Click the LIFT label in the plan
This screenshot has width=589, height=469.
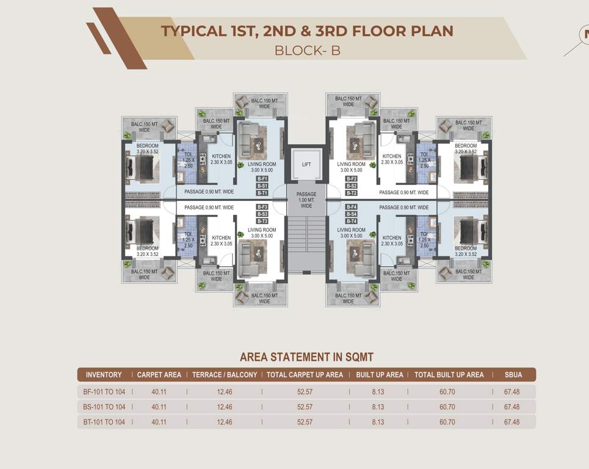pos(306,164)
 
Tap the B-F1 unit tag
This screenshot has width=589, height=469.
pos(262,178)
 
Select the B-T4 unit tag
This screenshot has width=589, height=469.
pos(351,221)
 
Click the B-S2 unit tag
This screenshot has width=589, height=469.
pos(351,186)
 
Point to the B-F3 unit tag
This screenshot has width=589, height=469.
pos(262,207)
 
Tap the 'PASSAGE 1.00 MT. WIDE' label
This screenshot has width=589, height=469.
pos(306,200)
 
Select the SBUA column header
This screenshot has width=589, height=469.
pos(513,374)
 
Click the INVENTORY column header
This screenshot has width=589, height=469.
pos(104,374)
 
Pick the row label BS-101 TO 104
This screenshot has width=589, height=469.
pos(104,407)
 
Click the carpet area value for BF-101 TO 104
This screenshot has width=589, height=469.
pos(159,391)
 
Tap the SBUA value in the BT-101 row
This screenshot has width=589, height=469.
pos(511,422)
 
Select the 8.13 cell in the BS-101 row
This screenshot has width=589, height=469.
pos(378,407)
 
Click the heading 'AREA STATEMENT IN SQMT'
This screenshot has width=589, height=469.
pos(306,357)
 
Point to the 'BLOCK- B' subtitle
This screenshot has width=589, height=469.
pos(307,50)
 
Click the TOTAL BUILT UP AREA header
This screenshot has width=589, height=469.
pos(449,374)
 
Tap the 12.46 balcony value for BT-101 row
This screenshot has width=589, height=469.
pos(225,422)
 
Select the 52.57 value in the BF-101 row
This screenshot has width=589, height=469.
pos(305,391)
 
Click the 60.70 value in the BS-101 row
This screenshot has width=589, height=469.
pos(447,407)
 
